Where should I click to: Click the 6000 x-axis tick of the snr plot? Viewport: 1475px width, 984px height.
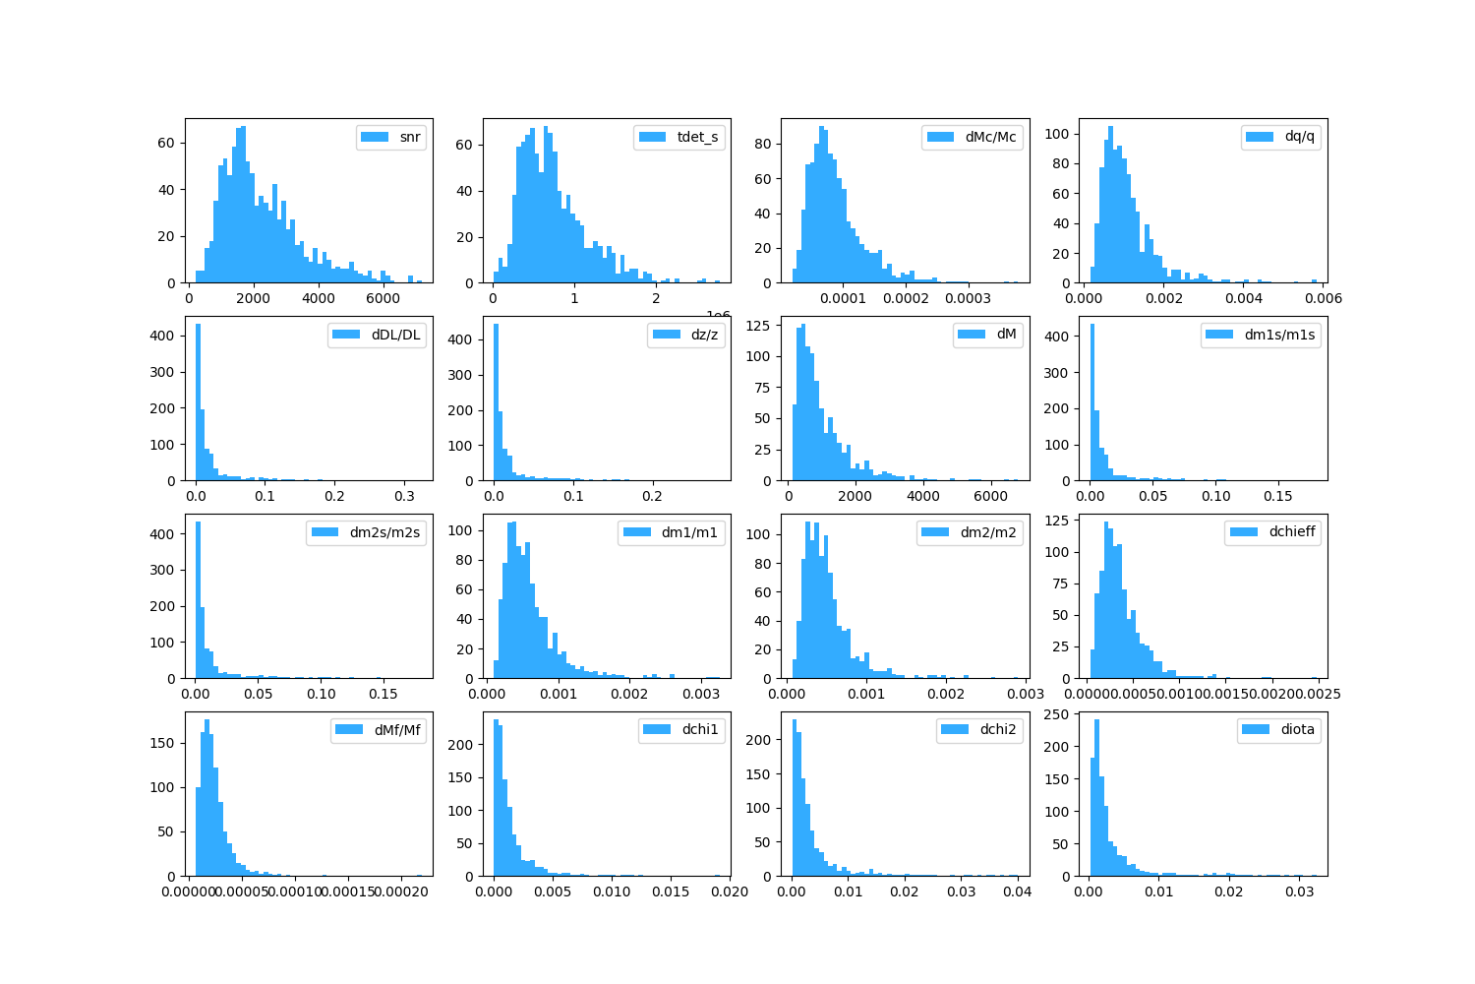[x=383, y=299]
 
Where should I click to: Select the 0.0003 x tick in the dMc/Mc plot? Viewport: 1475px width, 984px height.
[x=969, y=299]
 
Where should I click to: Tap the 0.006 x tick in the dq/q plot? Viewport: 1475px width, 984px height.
[x=1323, y=299]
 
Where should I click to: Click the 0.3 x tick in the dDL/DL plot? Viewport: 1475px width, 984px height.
[x=404, y=497]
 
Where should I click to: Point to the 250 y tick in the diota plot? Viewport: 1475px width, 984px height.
[x=1067, y=714]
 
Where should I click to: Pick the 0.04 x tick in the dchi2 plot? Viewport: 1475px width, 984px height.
[x=1017, y=892]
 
